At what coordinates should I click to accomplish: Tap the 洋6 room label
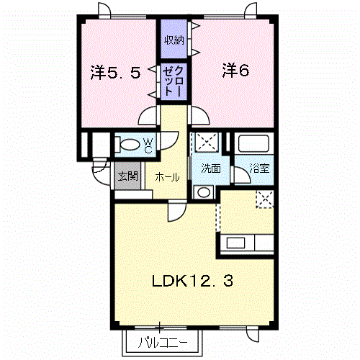click(x=235, y=71)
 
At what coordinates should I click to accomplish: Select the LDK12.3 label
click(x=192, y=281)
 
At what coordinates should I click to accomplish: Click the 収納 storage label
click(x=174, y=40)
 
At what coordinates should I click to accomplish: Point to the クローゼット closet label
click(x=174, y=81)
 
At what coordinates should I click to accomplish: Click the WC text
click(x=148, y=145)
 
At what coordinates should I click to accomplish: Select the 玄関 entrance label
click(x=127, y=176)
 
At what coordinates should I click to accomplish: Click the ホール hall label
click(x=167, y=177)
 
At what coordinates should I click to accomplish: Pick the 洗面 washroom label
click(x=211, y=168)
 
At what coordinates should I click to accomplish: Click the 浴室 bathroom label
click(x=259, y=168)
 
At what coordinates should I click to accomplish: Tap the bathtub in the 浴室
click(x=253, y=144)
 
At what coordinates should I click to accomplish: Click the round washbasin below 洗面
click(x=204, y=192)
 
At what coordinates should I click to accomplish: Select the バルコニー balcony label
click(x=163, y=343)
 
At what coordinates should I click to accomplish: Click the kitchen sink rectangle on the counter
click(x=236, y=243)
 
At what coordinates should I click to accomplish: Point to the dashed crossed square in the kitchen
click(x=265, y=199)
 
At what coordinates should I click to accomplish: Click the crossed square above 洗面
click(x=207, y=142)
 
